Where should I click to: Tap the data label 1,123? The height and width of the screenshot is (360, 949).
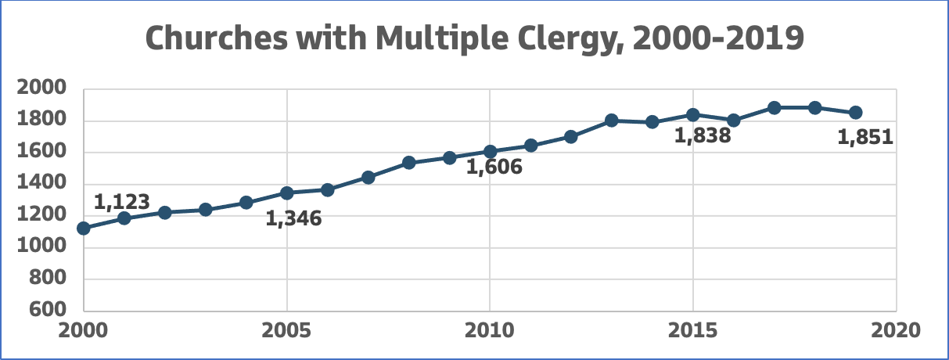[x=121, y=202]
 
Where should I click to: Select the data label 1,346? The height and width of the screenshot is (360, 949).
[x=293, y=218]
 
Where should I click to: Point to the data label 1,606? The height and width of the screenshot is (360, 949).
[x=494, y=167]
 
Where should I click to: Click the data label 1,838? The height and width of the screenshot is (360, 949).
[x=703, y=135]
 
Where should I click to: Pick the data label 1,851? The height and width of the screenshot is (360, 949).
[x=865, y=138]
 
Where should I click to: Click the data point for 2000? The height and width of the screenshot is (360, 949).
[x=84, y=229]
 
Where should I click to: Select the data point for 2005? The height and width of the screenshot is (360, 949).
[x=287, y=193]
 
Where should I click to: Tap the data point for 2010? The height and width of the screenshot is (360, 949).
[x=490, y=152]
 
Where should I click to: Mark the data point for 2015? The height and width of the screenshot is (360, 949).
[x=692, y=115]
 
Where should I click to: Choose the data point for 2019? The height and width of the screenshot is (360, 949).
[x=856, y=113]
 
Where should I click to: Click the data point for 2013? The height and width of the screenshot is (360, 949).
[x=612, y=121]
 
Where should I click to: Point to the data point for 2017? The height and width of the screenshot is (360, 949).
[x=775, y=107]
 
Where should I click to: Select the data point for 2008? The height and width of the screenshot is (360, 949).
[x=408, y=163]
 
